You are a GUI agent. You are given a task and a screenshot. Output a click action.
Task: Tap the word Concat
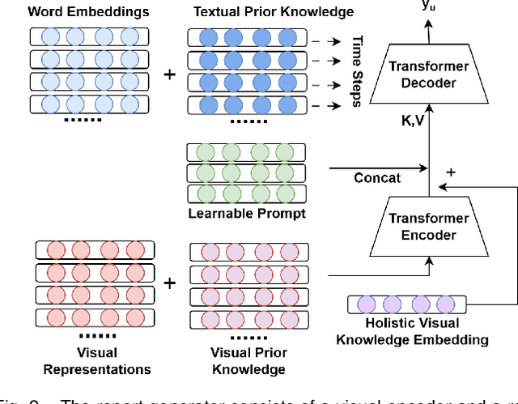point(377,178)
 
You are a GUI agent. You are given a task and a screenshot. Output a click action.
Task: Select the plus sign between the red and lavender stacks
point(169,283)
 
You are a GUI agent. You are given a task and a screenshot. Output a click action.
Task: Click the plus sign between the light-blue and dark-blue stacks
point(169,74)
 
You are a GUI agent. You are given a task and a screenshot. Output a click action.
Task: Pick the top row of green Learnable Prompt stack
point(246,153)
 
